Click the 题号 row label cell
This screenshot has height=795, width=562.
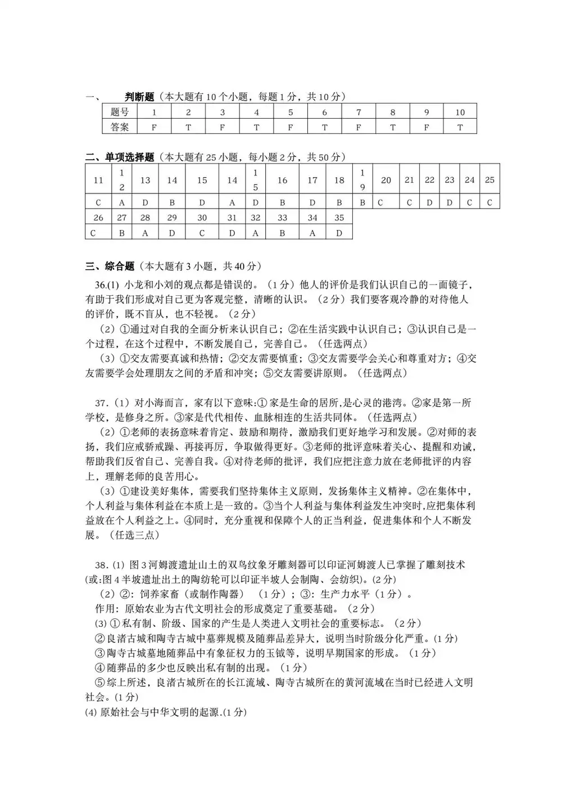pos(120,112)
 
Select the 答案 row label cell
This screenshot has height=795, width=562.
pos(120,127)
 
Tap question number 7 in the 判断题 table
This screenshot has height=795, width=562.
pos(359,112)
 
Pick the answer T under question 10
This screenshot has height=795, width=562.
pos(460,127)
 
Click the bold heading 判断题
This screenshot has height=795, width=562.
pos(139,97)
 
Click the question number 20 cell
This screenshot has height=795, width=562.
pos(386,180)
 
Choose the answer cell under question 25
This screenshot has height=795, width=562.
pos(490,202)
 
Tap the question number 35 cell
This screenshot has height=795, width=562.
pos(339,218)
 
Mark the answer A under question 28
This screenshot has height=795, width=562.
pos(145,232)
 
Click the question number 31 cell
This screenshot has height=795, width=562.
pos(232,218)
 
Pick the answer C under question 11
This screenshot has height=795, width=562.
pos(98,202)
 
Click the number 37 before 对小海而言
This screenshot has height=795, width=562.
pos(101,403)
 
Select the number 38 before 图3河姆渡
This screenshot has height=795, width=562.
pos(101,564)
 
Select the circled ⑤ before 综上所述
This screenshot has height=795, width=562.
pos(99,683)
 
